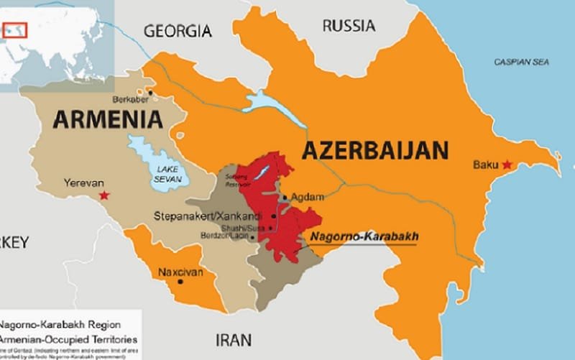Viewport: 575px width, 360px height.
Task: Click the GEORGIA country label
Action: coord(178,31)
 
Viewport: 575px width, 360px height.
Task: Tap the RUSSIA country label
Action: coord(348,27)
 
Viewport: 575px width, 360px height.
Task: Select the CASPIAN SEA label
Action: coord(521,63)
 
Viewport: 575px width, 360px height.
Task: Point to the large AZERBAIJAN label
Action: coord(375,151)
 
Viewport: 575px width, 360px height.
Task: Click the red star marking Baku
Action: coord(507,165)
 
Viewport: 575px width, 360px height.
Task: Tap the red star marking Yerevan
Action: coord(105,195)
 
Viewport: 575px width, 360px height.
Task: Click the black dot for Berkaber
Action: coord(150,93)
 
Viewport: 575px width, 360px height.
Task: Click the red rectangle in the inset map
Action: coord(15,30)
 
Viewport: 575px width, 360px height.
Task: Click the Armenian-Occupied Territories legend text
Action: coord(68,338)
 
